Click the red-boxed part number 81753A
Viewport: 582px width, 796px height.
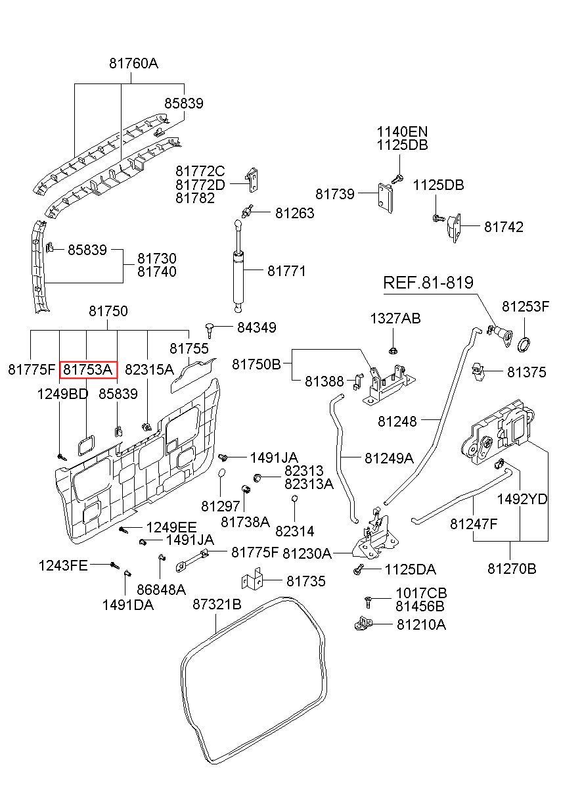[88, 370]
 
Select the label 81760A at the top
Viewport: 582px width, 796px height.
[133, 64]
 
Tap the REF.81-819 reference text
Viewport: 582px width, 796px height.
[428, 283]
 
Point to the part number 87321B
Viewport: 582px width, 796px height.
[217, 604]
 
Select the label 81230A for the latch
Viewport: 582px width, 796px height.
[307, 553]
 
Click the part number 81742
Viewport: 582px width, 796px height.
[504, 227]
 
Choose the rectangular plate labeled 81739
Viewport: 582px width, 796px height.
[386, 198]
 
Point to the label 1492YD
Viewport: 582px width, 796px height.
[522, 500]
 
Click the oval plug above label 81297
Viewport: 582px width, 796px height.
[221, 473]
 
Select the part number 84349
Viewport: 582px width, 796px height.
[256, 327]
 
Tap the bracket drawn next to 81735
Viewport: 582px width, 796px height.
[252, 581]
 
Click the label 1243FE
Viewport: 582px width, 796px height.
[63, 565]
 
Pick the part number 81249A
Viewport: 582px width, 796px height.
[389, 458]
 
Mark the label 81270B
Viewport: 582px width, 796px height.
[512, 569]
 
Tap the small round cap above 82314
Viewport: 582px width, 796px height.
[294, 498]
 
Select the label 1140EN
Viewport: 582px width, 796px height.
[402, 132]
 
